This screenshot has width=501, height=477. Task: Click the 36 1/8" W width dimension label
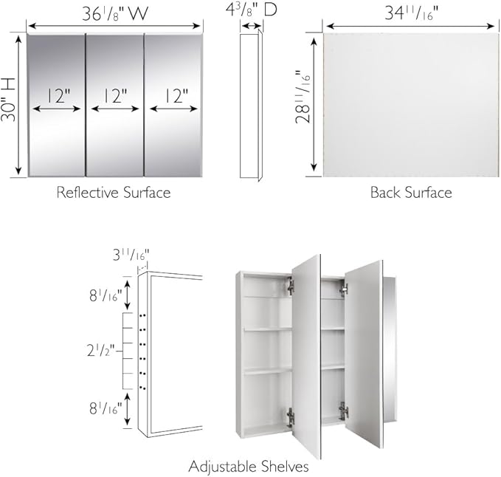(x=115, y=14)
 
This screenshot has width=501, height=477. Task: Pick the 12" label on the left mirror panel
(x=57, y=95)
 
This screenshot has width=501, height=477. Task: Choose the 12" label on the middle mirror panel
(x=114, y=95)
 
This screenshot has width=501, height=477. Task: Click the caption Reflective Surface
(x=114, y=193)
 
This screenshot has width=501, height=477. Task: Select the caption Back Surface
(x=411, y=193)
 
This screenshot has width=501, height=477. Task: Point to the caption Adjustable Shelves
(x=249, y=467)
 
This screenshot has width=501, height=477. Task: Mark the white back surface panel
(x=410, y=104)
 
